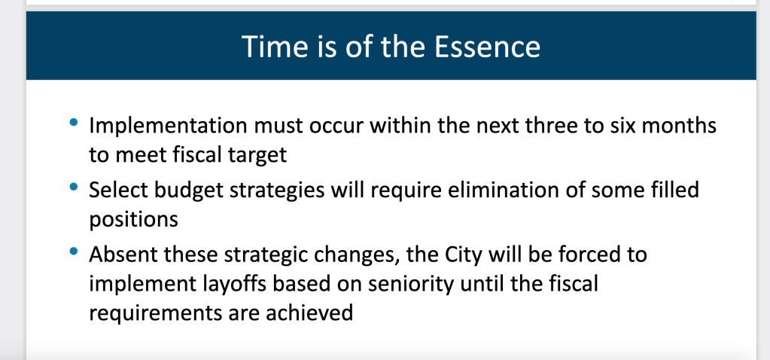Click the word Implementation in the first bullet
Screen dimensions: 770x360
click(167, 127)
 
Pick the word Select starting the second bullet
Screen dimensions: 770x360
click(118, 190)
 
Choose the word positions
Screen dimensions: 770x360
click(133, 220)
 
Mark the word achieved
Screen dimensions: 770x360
click(309, 313)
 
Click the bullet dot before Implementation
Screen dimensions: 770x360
click(74, 122)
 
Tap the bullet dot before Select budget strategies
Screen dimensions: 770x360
click(74, 187)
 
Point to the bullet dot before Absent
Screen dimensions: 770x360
click(74, 251)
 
